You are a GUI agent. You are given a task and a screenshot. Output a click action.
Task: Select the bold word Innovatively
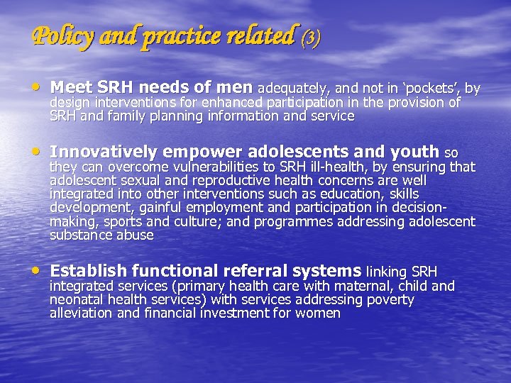[x=104, y=152]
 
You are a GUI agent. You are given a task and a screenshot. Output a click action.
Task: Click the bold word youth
[x=415, y=152]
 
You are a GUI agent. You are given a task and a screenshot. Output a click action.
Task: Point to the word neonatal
[x=76, y=300]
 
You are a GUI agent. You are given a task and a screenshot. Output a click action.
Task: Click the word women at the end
[x=319, y=313]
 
